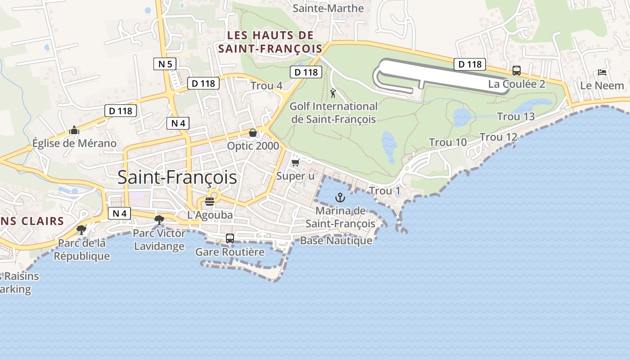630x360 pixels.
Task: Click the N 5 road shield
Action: coord(165,64)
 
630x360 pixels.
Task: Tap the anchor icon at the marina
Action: coord(341,197)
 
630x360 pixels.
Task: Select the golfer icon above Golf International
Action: coord(333,93)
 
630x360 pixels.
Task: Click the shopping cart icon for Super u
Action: coord(295,162)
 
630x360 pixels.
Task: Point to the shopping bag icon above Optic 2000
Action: coord(253,133)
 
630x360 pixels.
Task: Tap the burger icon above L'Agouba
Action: coord(210,201)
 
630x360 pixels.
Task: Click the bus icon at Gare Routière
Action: coord(230,238)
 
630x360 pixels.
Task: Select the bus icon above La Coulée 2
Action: coord(517,71)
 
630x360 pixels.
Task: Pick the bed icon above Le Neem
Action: coord(602,72)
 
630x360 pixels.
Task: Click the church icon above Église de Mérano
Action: coord(74,130)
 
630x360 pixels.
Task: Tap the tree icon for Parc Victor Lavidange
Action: coord(159,220)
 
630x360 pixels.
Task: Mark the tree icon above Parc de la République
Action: coord(81,229)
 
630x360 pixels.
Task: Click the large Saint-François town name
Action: coord(177,177)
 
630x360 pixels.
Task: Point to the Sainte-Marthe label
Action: coord(328,8)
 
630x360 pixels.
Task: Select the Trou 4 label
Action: coord(266,85)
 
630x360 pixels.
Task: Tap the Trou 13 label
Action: coord(516,117)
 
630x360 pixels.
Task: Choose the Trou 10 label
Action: coord(448,142)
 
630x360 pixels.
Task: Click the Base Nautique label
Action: coord(336,240)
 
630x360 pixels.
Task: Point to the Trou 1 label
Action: coord(385,191)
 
